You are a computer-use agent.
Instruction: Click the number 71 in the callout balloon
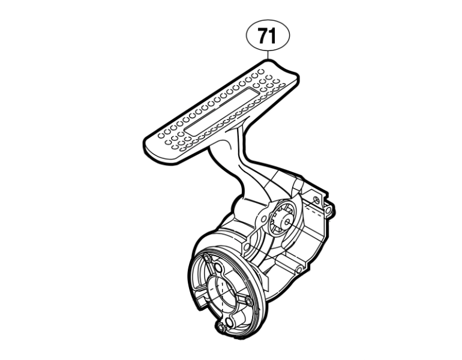[x=268, y=35]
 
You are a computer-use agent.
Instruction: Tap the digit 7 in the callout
[x=263, y=35]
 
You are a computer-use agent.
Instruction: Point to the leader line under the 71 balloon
[x=268, y=55]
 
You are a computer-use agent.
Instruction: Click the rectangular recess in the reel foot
[x=223, y=112]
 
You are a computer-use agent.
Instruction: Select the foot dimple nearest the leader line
[x=260, y=71]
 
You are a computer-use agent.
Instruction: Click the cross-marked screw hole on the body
[x=317, y=200]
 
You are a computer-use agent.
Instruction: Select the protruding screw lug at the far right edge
[x=329, y=211]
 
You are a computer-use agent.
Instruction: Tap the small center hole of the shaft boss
[x=287, y=222]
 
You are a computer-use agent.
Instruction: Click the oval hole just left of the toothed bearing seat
[x=264, y=219]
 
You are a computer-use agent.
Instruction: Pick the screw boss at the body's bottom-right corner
[x=298, y=269]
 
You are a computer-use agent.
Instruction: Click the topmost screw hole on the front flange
[x=208, y=259]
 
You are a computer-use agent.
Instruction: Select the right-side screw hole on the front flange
[x=248, y=301]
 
